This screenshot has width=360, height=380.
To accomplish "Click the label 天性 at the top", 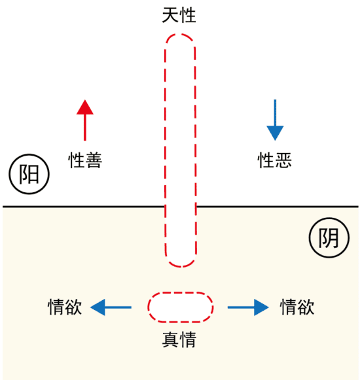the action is [x=179, y=15].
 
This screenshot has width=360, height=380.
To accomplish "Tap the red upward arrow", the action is [x=85, y=120].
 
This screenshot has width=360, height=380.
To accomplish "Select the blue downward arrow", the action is [x=275, y=120].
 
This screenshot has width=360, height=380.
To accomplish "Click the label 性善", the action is [x=85, y=160].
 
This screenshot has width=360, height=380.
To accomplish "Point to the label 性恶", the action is [x=275, y=160].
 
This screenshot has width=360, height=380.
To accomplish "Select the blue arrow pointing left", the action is [x=111, y=307].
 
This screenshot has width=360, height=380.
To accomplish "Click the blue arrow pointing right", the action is [x=248, y=307].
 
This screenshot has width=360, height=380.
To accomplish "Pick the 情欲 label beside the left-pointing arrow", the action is [x=65, y=307].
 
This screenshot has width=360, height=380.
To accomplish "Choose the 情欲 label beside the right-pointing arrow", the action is [x=297, y=307].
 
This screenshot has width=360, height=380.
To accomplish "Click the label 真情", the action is [x=179, y=339].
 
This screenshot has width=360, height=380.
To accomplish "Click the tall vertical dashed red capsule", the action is [x=165, y=150].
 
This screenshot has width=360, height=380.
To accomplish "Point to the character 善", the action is [x=94, y=160].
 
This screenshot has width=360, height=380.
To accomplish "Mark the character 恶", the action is [x=283, y=160].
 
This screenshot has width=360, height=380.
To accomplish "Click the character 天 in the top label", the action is [x=170, y=15].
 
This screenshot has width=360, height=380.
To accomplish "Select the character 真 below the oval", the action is [x=170, y=339].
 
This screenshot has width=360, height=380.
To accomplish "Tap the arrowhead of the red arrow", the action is [x=85, y=108].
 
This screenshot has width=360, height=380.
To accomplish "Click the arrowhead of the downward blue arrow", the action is [x=275, y=133].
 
